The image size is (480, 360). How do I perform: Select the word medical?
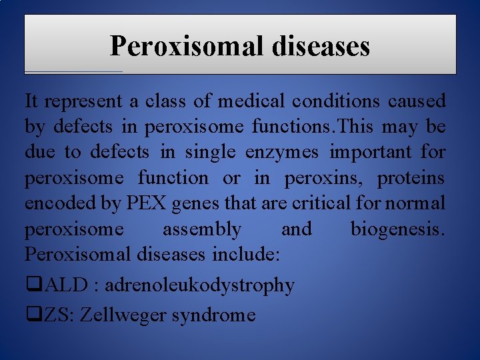click(x=247, y=101)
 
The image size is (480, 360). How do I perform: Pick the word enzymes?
click(x=283, y=152)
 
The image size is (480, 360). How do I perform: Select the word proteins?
click(x=413, y=178)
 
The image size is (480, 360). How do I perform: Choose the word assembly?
click(x=202, y=229)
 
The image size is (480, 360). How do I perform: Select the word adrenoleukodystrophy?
click(x=199, y=285)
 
